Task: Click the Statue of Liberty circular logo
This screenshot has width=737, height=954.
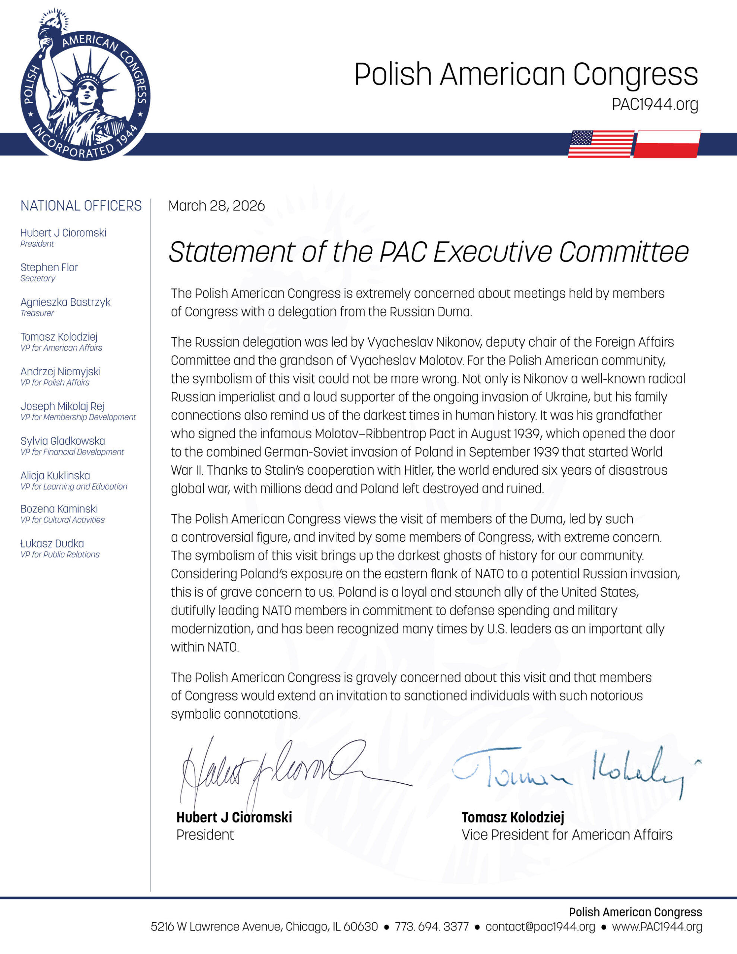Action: (x=85, y=85)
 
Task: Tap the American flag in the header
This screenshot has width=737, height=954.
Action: (x=601, y=144)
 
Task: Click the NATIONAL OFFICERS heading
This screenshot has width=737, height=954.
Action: (x=81, y=206)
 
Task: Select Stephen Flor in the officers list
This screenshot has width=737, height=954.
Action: (x=49, y=267)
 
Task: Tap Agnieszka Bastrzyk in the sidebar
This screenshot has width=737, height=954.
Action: (x=65, y=302)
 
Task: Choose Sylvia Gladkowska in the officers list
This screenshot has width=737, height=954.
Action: (x=63, y=441)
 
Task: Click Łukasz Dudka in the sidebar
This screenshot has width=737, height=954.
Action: (x=52, y=543)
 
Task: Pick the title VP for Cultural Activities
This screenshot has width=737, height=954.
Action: (x=63, y=520)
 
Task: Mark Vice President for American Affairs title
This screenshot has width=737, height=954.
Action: (x=567, y=835)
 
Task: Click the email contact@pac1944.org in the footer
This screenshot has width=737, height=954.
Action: (x=540, y=926)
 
